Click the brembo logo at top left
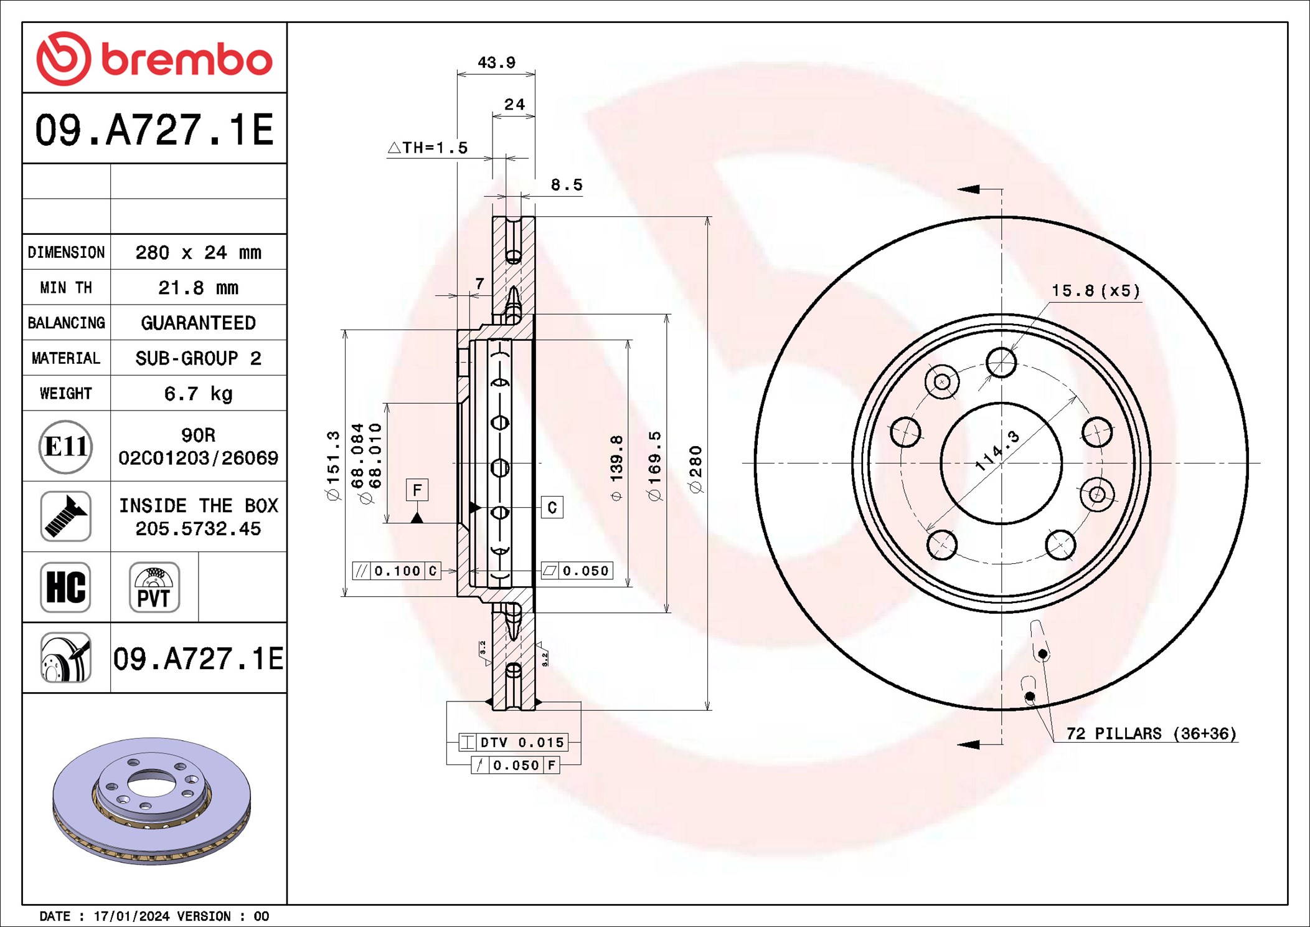pyautogui.click(x=154, y=59)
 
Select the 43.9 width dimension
pyautogui.click(x=496, y=63)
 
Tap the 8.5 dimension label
pyautogui.click(x=566, y=185)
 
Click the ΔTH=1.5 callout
pyautogui.click(x=428, y=148)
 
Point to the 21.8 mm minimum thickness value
pyautogui.click(x=198, y=288)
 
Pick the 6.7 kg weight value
pyautogui.click(x=198, y=394)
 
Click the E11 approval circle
pyautogui.click(x=65, y=446)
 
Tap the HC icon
pyautogui.click(x=65, y=587)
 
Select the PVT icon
pyautogui.click(x=154, y=587)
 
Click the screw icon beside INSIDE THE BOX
pyautogui.click(x=65, y=516)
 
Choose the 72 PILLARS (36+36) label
pyautogui.click(x=1151, y=733)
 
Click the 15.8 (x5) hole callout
pyautogui.click(x=1095, y=291)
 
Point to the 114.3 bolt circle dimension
pyautogui.click(x=997, y=450)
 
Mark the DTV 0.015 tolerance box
pyautogui.click(x=513, y=742)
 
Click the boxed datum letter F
pyautogui.click(x=417, y=490)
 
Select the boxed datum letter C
pyautogui.click(x=552, y=508)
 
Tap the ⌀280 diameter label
pyautogui.click(x=696, y=469)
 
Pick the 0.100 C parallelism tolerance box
pyautogui.click(x=397, y=571)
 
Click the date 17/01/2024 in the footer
pyautogui.click(x=131, y=916)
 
